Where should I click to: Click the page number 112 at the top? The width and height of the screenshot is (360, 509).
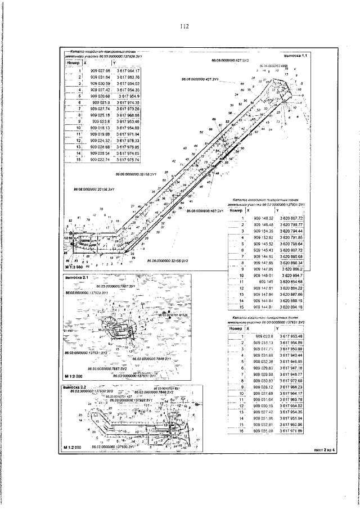(183, 26)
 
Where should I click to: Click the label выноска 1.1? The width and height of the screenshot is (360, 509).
(296, 56)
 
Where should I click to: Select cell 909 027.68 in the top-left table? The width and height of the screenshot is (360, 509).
(100, 71)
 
